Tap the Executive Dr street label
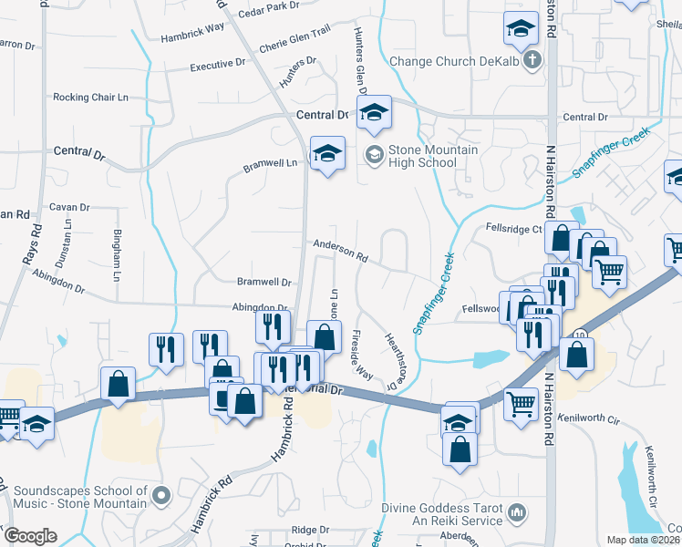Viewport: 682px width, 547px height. point(218,66)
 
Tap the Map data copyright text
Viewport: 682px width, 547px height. point(644,540)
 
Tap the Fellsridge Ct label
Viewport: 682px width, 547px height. point(514,228)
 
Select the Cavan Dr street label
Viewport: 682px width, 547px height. point(69,207)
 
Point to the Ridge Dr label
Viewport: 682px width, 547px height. point(310,529)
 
